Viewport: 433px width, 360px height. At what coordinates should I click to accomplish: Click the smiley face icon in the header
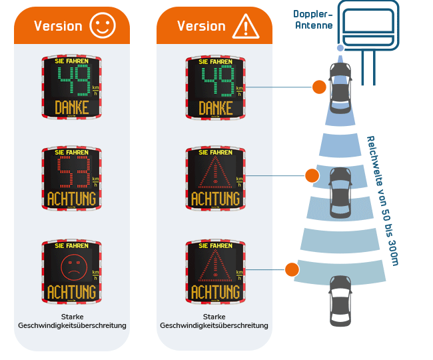point(102,26)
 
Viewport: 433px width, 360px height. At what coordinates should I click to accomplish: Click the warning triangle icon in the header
point(245,26)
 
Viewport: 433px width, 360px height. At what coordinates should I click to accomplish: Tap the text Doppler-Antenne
point(314,19)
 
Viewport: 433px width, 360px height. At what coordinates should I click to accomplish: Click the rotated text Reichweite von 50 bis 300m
point(382,200)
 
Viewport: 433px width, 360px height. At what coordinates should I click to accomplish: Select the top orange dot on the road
point(319,87)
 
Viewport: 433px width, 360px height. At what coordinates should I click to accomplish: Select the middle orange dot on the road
point(312,176)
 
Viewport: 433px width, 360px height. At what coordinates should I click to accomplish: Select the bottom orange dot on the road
point(292,269)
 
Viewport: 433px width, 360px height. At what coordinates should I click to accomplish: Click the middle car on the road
point(340,192)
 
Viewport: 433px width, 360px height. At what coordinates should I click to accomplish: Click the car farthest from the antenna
point(340,299)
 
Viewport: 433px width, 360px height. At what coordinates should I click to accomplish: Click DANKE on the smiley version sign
point(72,107)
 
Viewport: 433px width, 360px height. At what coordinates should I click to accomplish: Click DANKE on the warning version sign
point(215,107)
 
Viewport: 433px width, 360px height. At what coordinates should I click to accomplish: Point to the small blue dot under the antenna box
point(340,48)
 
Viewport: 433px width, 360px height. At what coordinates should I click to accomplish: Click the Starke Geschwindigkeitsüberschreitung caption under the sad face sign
point(72,321)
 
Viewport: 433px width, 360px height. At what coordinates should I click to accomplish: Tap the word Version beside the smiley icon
point(58,26)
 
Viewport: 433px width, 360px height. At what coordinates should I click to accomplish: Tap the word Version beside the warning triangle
point(201,26)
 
